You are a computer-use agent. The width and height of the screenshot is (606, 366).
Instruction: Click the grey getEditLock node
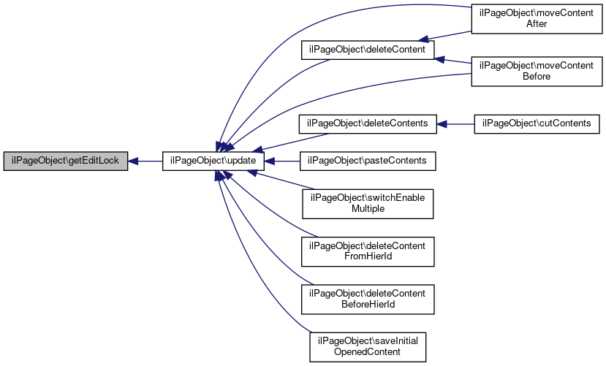click(66, 161)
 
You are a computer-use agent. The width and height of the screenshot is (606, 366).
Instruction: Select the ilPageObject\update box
click(213, 161)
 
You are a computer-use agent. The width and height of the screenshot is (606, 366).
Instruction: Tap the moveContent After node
click(537, 18)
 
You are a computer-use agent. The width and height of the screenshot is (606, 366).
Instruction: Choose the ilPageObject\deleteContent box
click(368, 50)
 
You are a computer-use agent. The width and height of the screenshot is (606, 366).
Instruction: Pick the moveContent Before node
click(537, 72)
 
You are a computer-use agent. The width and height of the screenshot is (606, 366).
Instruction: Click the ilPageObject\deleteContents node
click(368, 124)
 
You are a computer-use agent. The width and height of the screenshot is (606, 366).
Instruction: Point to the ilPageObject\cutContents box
click(537, 124)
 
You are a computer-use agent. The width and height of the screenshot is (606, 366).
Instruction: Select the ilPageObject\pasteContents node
click(368, 161)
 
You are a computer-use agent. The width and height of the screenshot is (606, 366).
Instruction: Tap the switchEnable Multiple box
click(368, 204)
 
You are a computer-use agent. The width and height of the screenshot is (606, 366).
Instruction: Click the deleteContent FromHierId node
click(368, 252)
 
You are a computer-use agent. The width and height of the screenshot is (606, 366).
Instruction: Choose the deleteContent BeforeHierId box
click(368, 300)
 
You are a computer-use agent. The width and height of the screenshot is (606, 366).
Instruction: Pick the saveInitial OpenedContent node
click(368, 347)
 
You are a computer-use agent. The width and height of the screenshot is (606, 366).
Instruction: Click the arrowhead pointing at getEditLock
click(133, 161)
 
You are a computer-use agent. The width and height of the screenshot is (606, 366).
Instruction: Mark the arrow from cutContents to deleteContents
click(455, 124)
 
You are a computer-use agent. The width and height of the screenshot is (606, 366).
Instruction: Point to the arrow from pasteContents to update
click(282, 161)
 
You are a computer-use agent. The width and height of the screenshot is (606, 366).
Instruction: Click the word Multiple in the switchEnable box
click(368, 209)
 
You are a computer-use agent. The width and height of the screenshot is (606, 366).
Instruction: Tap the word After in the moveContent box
click(537, 24)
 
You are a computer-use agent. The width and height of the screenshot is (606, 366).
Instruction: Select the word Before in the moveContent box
click(537, 77)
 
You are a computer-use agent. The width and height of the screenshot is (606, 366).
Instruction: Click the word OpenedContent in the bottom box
click(367, 352)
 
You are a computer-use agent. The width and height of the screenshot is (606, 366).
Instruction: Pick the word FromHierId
click(368, 256)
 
